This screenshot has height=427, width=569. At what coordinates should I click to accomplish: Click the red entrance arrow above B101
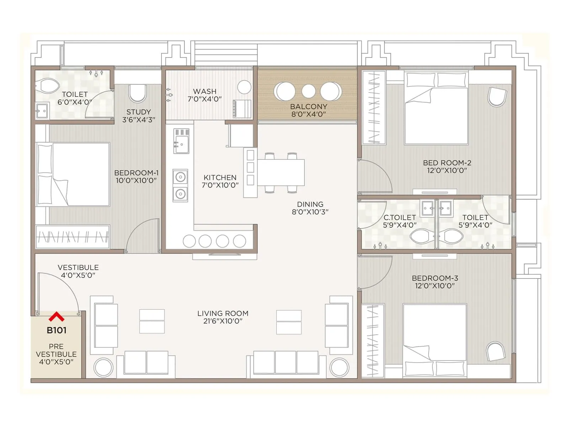point(57,316)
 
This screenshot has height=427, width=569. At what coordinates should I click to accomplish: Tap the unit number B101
point(57,330)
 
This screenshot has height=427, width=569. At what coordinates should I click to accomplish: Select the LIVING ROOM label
point(223,313)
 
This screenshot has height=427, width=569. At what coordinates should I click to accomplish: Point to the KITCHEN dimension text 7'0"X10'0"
point(220,185)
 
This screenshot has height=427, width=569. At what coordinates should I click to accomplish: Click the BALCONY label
point(308,106)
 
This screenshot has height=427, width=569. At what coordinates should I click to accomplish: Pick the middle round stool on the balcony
point(308,91)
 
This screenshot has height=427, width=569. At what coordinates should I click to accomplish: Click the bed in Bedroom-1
point(73,174)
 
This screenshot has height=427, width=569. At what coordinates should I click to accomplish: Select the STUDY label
point(139,112)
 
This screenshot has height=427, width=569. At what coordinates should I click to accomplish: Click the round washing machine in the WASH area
point(244,87)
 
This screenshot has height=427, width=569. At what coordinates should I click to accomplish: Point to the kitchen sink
point(181,141)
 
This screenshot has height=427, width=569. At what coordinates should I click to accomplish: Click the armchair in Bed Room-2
point(497,97)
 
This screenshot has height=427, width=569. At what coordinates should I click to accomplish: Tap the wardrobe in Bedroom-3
point(373,341)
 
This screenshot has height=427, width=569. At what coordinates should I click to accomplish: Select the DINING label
point(310,204)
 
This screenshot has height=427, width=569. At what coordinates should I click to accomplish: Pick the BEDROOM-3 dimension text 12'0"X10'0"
point(435,286)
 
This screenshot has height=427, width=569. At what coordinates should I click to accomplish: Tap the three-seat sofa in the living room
point(286,362)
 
